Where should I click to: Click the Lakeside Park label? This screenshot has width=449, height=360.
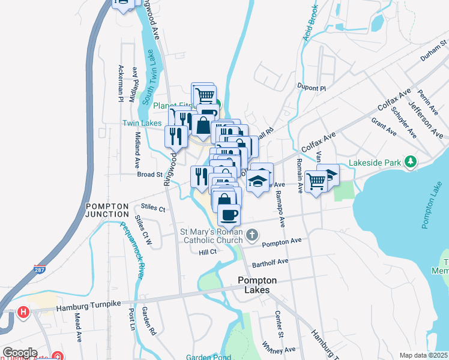pyautogui.click(x=374, y=162)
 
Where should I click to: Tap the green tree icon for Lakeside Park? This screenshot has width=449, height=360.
pyautogui.click(x=411, y=162)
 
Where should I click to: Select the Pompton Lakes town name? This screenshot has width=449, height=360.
pyautogui.click(x=257, y=285)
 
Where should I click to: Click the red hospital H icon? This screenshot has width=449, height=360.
pyautogui.click(x=23, y=312)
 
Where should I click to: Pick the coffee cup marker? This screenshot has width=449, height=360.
pyautogui.click(x=229, y=214)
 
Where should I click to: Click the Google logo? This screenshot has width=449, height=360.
pyautogui.click(x=19, y=353)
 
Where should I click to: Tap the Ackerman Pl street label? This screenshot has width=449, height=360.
pyautogui.click(x=121, y=83)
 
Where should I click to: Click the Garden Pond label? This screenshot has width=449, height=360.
pyautogui.click(x=208, y=357)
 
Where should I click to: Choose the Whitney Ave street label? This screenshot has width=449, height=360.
pyautogui.click(x=279, y=349)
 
